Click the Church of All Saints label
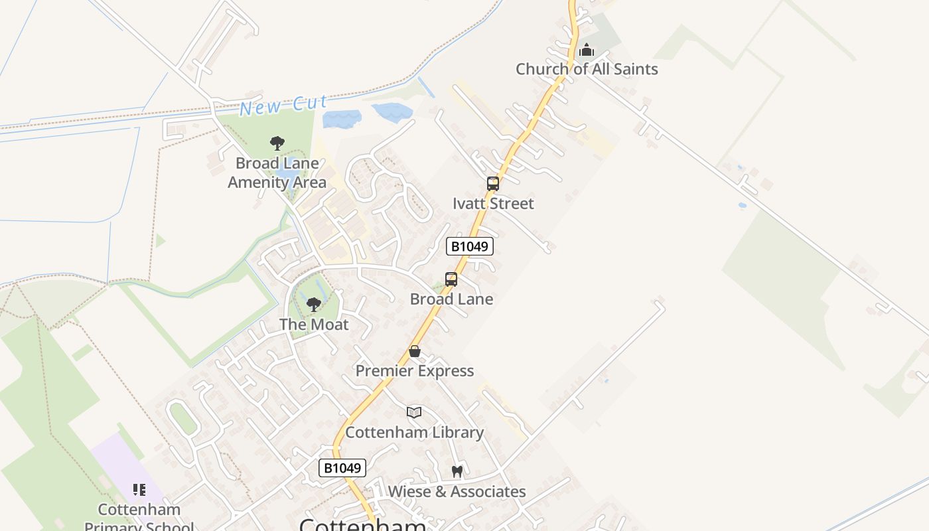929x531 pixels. coord(587,69)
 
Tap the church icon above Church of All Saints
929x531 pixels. coord(587,50)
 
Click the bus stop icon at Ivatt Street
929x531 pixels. coord(493,184)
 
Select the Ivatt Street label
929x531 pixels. coord(493,204)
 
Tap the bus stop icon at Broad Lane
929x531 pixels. coord(451,279)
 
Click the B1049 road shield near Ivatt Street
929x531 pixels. coord(470,246)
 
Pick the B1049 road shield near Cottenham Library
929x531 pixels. coord(342,468)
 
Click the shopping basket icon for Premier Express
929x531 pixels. coord(415,351)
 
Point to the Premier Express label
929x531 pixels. coord(415,371)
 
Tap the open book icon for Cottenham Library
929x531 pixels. coord(414,413)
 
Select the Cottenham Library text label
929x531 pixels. coord(414,433)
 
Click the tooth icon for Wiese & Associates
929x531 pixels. coord(457,472)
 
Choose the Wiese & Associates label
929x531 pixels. coord(457,492)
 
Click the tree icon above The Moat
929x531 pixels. coord(314,305)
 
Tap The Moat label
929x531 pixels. coord(314,325)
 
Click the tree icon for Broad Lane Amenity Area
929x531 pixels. coord(277,143)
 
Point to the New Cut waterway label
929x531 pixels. coord(283,105)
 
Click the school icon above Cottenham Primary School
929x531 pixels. coord(139,490)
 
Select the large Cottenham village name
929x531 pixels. coord(363,524)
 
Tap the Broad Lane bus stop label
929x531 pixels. coord(451,299)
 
